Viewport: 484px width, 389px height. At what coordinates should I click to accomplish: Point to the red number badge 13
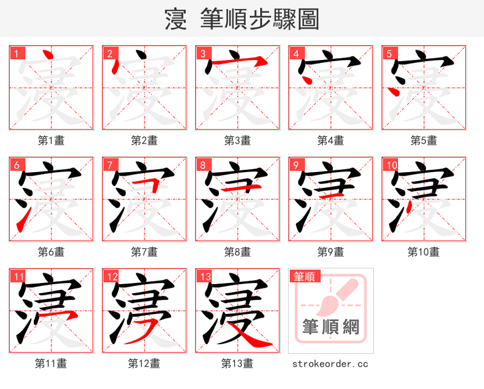(205, 277)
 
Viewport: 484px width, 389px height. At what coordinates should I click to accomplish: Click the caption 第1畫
(51, 141)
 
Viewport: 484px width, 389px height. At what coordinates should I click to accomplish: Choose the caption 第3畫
(238, 141)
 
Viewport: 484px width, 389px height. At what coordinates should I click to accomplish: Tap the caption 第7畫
(145, 251)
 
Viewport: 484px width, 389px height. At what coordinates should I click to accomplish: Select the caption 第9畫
(331, 251)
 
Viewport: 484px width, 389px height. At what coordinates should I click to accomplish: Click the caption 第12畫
(145, 364)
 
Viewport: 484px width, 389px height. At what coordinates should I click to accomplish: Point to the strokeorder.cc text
(330, 364)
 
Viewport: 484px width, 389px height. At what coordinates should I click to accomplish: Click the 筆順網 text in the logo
(330, 328)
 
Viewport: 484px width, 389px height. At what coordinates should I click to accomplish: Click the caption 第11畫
(51, 364)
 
